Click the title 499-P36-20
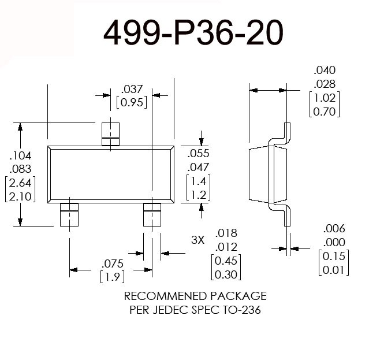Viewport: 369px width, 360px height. tap(193, 34)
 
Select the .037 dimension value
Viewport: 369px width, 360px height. tap(132, 89)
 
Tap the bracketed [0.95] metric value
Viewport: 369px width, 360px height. tap(132, 102)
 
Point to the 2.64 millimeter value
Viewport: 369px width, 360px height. tap(20, 183)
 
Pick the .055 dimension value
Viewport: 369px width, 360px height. tap(198, 154)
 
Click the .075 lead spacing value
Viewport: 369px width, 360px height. tap(111, 262)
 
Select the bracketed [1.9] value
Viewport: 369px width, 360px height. tap(112, 276)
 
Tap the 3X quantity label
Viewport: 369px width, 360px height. tap(197, 239)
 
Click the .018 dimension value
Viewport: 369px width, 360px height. tap(226, 233)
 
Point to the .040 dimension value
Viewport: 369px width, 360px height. tap(325, 70)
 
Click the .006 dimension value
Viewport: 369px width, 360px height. tap(334, 228)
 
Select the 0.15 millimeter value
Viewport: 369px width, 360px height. tap(334, 255)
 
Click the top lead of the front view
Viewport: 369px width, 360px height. tap(109, 133)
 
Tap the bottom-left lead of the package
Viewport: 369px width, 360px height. tap(69, 214)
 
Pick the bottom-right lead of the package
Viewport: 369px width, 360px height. tap(152, 214)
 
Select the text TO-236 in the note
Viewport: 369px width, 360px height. tap(243, 310)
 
